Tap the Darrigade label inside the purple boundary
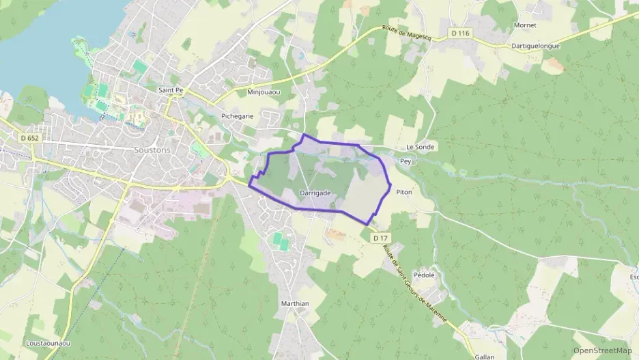pos(315,193)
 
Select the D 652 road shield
pos(29,137)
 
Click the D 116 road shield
pos(461,33)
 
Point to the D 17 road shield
pos(380,238)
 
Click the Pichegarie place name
pos(237,116)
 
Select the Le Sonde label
pos(420,147)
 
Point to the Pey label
pos(406,162)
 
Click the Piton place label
pos(404,193)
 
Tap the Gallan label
pos(484,356)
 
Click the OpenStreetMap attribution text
pos(603,350)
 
